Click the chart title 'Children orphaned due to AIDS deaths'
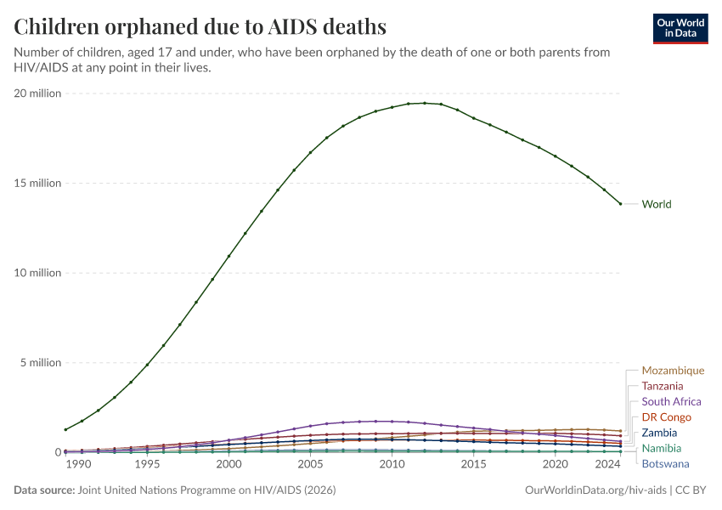point(200,26)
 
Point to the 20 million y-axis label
point(37,93)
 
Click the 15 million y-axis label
point(37,183)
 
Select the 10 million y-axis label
point(37,273)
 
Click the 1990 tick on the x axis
point(78,465)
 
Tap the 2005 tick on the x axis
point(310,465)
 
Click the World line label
point(657,204)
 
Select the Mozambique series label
point(673,371)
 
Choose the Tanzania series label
point(663,386)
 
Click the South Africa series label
point(671,401)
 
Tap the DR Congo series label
point(667,417)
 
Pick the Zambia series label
point(659,433)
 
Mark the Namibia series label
point(662,448)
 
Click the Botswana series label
point(665,463)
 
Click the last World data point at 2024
point(621,204)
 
